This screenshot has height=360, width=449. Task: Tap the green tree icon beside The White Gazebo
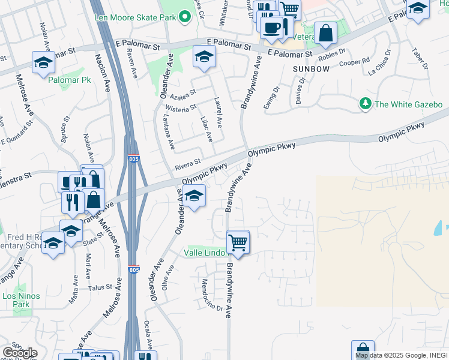click(365, 104)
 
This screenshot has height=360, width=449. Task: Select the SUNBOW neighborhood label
click(312, 69)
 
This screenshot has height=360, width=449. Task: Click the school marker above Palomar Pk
click(43, 62)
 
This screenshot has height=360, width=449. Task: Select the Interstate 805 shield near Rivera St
click(133, 158)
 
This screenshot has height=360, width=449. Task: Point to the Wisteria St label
click(184, 108)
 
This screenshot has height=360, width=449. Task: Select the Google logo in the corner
click(19, 353)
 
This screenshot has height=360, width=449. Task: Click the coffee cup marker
click(271, 28)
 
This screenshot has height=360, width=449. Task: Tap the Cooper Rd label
click(354, 62)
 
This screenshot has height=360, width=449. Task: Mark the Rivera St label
click(187, 161)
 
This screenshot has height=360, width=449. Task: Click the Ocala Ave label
click(148, 334)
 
